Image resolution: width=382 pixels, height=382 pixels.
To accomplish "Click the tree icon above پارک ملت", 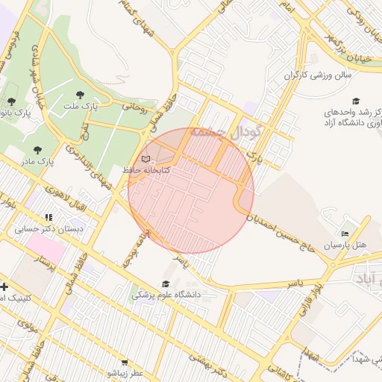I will (x=80, y=95).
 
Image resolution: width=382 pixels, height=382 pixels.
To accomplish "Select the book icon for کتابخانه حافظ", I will (x=146, y=159).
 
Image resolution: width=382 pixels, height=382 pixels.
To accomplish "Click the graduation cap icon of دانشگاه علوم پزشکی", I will (x=165, y=284).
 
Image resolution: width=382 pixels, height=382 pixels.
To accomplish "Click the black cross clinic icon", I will (x=4, y=286).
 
